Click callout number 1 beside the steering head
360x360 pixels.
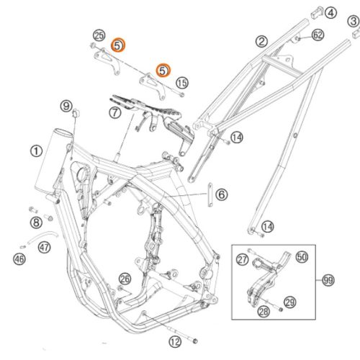tap(36, 151)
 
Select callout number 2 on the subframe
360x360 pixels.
tap(261, 41)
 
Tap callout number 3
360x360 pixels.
tap(354, 22)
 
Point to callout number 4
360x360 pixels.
tap(330, 13)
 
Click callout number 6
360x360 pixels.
tap(222, 194)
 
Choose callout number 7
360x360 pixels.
tap(115, 112)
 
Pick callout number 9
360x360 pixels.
tap(66, 106)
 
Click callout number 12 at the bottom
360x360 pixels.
tap(175, 341)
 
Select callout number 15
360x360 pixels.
tap(182, 83)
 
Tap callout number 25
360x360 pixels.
tap(99, 35)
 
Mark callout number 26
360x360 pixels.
tap(125, 279)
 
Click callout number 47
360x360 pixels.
tap(45, 247)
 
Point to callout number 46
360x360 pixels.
tap(19, 259)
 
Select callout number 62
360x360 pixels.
tap(318, 35)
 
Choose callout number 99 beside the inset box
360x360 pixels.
tap(328, 280)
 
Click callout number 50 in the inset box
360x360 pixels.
tap(302, 257)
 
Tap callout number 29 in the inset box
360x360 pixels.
tap(290, 302)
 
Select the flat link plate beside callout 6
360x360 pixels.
tap(210, 194)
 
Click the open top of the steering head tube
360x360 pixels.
tap(63, 132)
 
